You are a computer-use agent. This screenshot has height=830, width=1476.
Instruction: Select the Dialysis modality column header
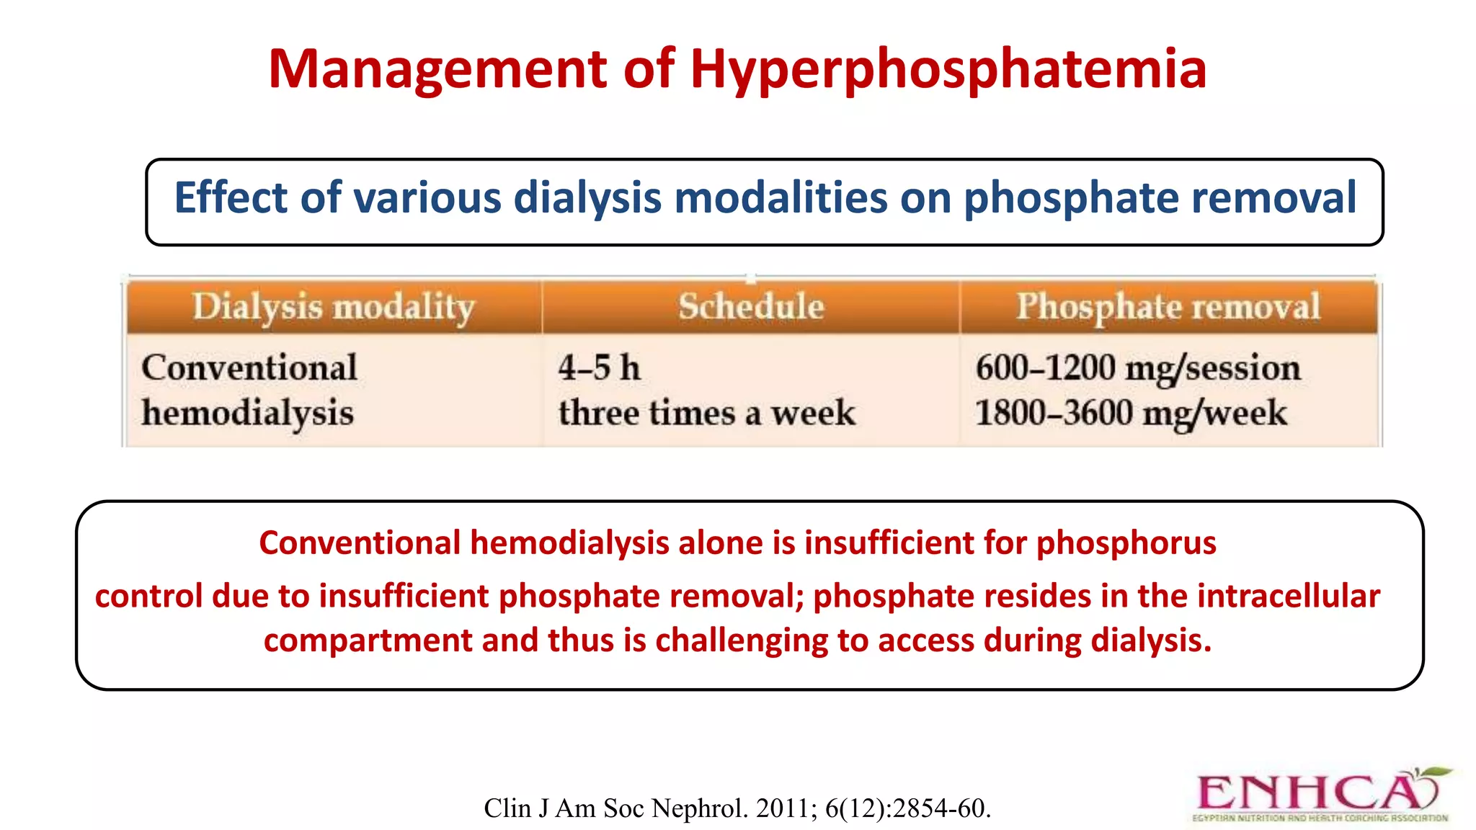[x=333, y=307]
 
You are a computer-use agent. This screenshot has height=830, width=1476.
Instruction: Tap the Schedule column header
[x=751, y=306]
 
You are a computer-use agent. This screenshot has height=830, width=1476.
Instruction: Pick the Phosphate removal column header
[x=1168, y=306]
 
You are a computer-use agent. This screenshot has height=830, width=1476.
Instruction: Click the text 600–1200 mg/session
[x=1137, y=368]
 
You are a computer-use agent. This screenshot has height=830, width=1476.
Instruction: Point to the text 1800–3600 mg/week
[x=1130, y=414]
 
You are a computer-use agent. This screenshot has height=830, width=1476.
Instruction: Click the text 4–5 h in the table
[x=599, y=368]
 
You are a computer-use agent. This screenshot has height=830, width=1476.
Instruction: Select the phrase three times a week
[x=706, y=414]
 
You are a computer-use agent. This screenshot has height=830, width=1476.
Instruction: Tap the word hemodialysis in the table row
[x=247, y=414]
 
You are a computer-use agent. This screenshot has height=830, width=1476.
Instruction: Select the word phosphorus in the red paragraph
[x=1126, y=543]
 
